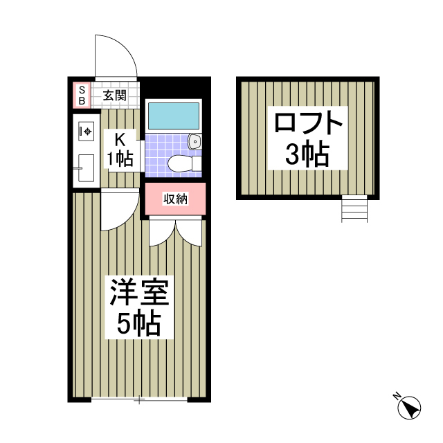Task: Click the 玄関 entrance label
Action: click(115, 96)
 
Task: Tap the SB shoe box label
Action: click(82, 96)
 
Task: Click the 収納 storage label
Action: click(175, 199)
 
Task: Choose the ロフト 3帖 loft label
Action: click(308, 140)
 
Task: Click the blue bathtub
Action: click(173, 116)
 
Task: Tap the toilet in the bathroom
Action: click(183, 163)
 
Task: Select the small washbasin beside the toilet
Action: click(195, 143)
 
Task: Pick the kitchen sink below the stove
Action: click(86, 167)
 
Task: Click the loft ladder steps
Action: click(354, 209)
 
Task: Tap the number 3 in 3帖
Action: click(293, 156)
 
